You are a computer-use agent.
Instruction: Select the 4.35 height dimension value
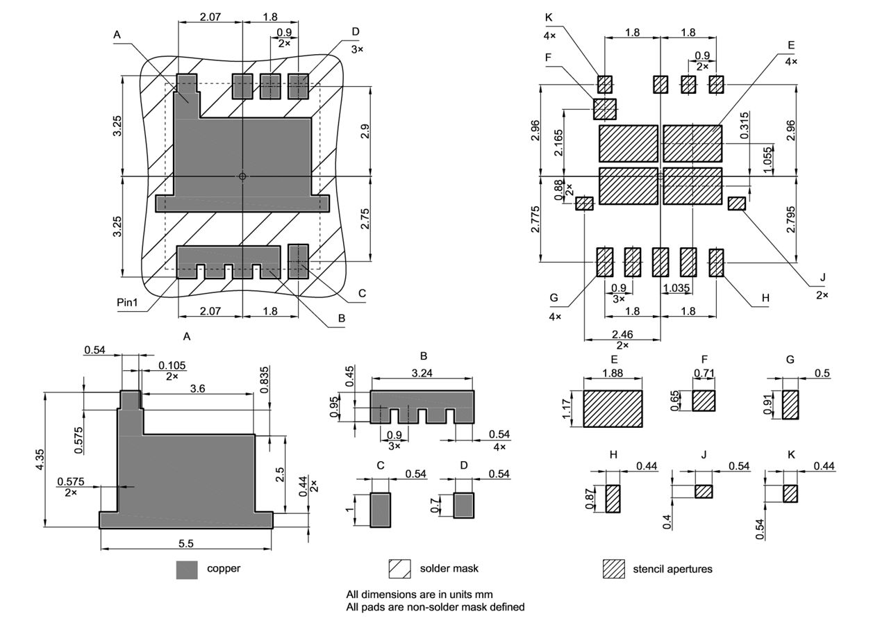[40, 460]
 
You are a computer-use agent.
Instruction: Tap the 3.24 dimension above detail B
[422, 373]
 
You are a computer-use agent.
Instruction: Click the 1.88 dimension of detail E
[613, 373]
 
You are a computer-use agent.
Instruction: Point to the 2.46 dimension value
[622, 334]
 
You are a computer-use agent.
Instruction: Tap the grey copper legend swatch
[187, 570]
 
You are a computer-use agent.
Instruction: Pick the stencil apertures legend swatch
[613, 569]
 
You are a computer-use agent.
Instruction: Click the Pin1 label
[129, 304]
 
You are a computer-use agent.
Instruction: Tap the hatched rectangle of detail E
[613, 408]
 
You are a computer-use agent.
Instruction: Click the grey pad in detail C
[380, 510]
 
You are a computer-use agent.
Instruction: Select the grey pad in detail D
[463, 505]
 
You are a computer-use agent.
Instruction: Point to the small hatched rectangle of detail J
[704, 491]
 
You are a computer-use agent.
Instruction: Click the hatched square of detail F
[704, 401]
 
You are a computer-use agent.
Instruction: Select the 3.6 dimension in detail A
[197, 388]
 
